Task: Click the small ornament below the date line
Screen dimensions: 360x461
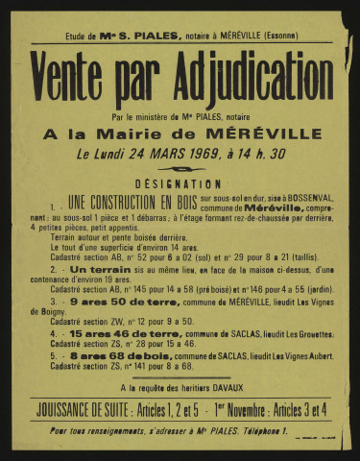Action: coord(180,167)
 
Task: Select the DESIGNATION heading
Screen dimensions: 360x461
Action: coord(180,183)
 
